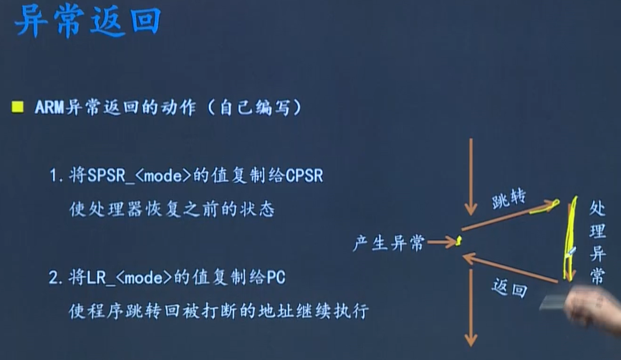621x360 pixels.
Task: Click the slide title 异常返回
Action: pos(87,23)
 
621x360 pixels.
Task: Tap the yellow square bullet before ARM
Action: pos(17,108)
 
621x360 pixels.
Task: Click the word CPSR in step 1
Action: pos(305,176)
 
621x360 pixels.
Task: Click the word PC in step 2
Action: pos(276,278)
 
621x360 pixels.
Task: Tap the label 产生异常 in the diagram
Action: pos(389,243)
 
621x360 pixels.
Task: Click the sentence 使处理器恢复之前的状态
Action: pos(171,210)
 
